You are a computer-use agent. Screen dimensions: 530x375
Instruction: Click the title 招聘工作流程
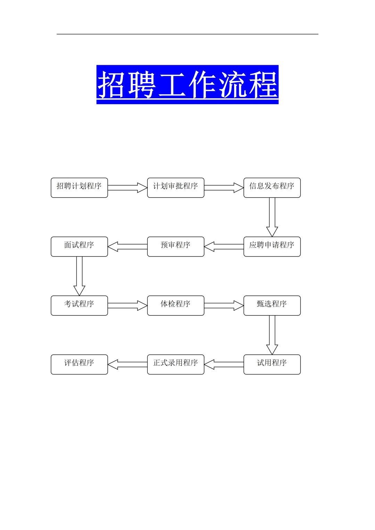[x=187, y=84]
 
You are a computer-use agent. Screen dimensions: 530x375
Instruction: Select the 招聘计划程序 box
[x=79, y=187]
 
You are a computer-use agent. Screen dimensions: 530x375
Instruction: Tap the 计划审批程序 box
[x=175, y=187]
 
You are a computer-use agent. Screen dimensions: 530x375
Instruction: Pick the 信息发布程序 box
[x=272, y=187]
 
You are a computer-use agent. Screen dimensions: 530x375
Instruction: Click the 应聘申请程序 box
[x=272, y=246]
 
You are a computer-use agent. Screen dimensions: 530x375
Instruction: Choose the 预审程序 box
[x=175, y=246]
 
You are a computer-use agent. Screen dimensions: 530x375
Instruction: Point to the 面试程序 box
[x=79, y=246]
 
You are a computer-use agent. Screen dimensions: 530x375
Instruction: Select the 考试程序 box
[x=79, y=305]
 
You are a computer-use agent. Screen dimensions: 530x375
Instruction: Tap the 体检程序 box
[x=175, y=305]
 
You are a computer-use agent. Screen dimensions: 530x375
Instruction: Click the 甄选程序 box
[x=272, y=305]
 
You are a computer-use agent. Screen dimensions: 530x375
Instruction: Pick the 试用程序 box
[x=272, y=364]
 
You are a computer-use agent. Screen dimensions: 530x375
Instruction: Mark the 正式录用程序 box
[x=175, y=364]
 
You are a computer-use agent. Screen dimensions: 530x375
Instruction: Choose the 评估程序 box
[x=79, y=364]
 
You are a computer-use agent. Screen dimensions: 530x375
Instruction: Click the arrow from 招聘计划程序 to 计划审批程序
[x=127, y=187]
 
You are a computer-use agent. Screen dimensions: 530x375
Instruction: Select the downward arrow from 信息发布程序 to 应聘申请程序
[x=272, y=217]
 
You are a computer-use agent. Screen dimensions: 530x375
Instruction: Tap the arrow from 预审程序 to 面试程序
[x=127, y=246]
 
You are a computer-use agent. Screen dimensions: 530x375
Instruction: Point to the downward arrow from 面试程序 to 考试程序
[x=79, y=276]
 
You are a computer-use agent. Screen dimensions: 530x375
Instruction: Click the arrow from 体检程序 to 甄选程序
[x=224, y=305]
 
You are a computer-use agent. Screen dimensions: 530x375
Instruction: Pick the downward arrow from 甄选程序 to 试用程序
[x=272, y=335]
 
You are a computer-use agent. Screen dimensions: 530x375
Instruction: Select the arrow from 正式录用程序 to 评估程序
[x=127, y=364]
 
